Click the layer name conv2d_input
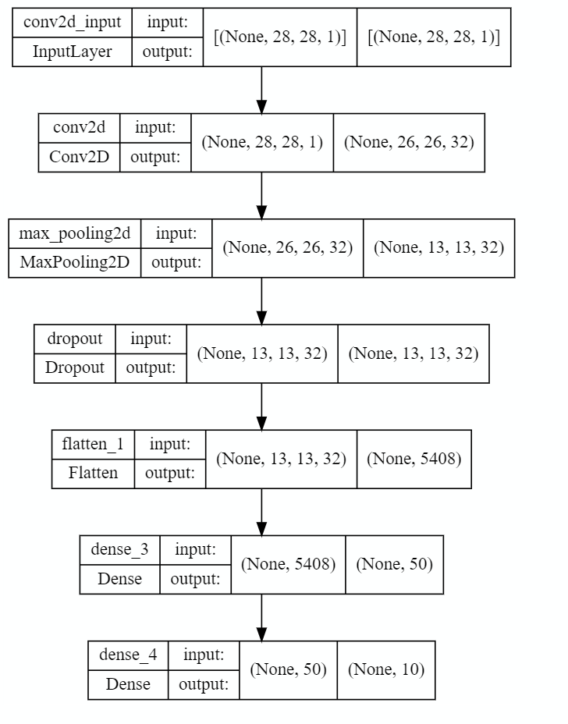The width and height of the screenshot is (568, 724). click(73, 22)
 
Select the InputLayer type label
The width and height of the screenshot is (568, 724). click(73, 51)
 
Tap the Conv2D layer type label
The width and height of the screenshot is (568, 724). click(80, 157)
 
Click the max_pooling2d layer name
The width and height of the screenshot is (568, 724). click(74, 233)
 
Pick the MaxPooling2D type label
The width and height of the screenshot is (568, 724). click(74, 263)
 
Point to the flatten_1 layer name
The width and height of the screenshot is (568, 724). click(93, 444)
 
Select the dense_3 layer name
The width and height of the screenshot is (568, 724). click(119, 549)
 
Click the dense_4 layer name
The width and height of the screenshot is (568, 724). click(128, 655)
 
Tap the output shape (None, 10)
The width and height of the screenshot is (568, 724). click(385, 669)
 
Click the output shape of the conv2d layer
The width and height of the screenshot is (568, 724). click(408, 142)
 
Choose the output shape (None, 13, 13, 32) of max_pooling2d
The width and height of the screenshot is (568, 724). click(438, 248)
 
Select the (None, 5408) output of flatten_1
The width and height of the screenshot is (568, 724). click(414, 459)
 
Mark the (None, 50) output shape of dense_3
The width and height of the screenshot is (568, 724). click(393, 564)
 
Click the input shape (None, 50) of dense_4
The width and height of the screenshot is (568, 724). click(288, 669)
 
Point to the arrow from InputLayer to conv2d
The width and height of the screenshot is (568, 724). click(261, 90)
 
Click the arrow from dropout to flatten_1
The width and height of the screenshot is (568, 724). click(261, 406)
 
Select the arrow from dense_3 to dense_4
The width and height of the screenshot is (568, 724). click(261, 617)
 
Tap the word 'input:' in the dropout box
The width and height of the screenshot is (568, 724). click(151, 339)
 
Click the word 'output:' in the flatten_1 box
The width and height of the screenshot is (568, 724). click(169, 474)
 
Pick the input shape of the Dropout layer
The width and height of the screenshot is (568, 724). click(261, 353)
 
